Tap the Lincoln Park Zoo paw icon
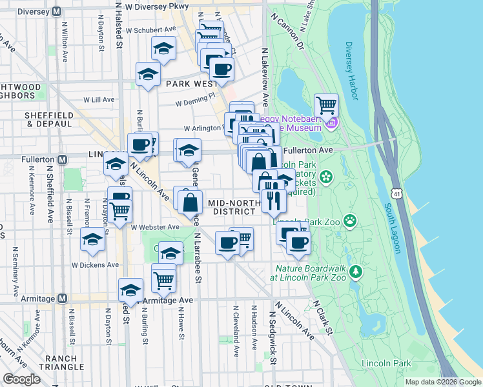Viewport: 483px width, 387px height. click(350, 221)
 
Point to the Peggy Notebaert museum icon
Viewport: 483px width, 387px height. click(332, 123)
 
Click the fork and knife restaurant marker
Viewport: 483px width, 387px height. click(274, 201)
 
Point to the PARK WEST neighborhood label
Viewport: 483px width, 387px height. click(190, 84)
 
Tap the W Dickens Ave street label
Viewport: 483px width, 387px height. click(95, 264)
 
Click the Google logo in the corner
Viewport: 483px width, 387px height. click(22, 379)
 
